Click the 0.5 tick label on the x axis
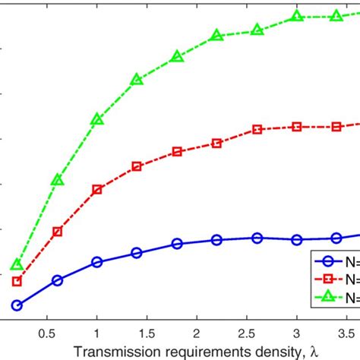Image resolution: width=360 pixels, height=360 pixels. click(x=47, y=333)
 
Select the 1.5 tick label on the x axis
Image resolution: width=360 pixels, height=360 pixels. click(x=147, y=333)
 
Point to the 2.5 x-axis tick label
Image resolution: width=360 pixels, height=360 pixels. click(x=246, y=333)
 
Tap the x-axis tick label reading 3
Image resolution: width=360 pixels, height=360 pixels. click(x=296, y=333)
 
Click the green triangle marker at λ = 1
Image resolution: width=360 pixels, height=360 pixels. click(x=97, y=119)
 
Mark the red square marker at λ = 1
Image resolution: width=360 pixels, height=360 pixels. click(x=97, y=189)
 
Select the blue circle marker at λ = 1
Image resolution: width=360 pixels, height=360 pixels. click(x=97, y=262)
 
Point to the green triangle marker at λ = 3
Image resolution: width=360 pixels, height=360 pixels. click(x=297, y=16)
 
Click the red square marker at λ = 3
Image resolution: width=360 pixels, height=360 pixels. click(x=297, y=127)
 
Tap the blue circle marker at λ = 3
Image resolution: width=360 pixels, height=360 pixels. click(x=297, y=240)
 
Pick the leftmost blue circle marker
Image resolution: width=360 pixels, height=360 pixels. click(x=17, y=305)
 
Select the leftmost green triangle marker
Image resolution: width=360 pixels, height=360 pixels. click(x=17, y=265)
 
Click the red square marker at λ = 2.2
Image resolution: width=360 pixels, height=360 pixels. click(x=216, y=143)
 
